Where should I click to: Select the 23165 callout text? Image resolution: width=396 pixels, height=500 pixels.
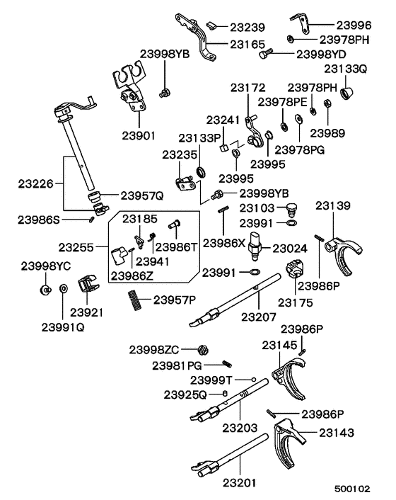pyautogui.click(x=246, y=44)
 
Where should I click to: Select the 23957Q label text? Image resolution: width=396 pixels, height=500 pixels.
pyautogui.click(x=142, y=195)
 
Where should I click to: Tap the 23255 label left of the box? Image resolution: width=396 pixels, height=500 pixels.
pyautogui.click(x=76, y=248)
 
